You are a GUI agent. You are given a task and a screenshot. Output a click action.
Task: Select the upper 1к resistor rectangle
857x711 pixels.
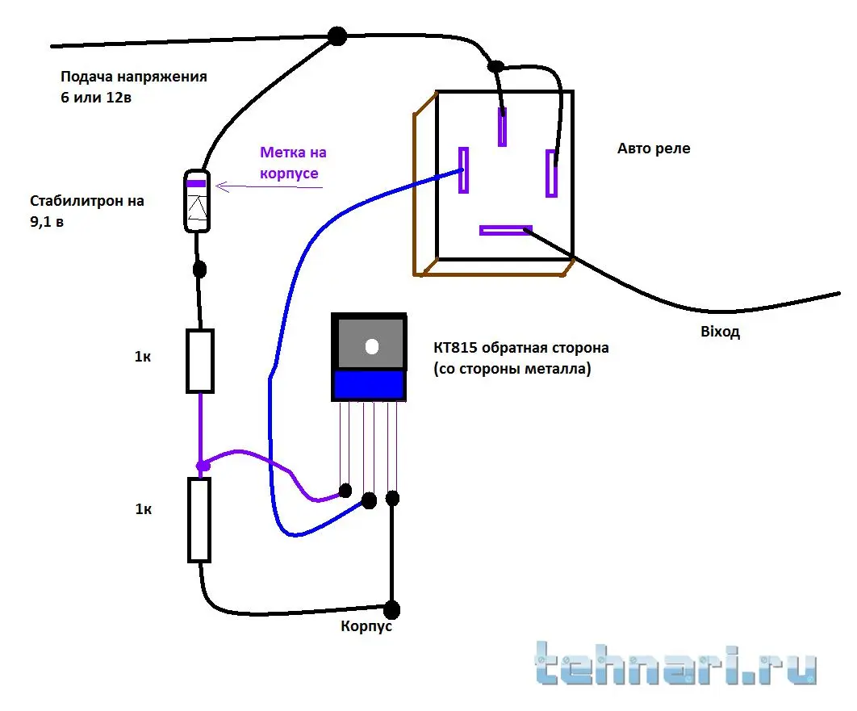pyautogui.click(x=200, y=361)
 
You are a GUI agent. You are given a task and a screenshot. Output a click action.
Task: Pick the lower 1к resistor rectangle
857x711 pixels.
pyautogui.click(x=199, y=519)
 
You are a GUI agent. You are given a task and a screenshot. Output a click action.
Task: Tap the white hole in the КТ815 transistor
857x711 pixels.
pyautogui.click(x=372, y=346)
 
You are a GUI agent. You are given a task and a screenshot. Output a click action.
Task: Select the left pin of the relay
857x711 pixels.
pyautogui.click(x=464, y=169)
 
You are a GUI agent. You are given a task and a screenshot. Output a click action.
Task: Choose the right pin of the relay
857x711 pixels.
pyautogui.click(x=551, y=173)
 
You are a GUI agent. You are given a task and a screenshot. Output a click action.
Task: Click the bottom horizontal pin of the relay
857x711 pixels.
pyautogui.click(x=506, y=230)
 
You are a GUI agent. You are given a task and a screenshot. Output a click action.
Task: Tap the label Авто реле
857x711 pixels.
pyautogui.click(x=654, y=148)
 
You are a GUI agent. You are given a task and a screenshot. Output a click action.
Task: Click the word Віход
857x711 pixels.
pyautogui.click(x=721, y=332)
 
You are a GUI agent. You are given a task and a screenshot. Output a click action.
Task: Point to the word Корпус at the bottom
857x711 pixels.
pyautogui.click(x=367, y=626)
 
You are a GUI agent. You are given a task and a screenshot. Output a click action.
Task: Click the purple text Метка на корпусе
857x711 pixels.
pyautogui.click(x=293, y=162)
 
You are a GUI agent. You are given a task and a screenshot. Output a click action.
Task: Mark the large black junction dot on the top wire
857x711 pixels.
pyautogui.click(x=337, y=36)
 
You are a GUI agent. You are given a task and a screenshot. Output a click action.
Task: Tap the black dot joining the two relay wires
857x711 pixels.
pyautogui.click(x=496, y=66)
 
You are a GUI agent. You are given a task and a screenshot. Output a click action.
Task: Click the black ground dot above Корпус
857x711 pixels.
pyautogui.click(x=392, y=608)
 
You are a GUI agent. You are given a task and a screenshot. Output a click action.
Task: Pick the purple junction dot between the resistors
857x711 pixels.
pyautogui.click(x=203, y=466)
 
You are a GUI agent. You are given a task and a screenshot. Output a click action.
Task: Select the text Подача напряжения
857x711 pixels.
pyautogui.click(x=133, y=77)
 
